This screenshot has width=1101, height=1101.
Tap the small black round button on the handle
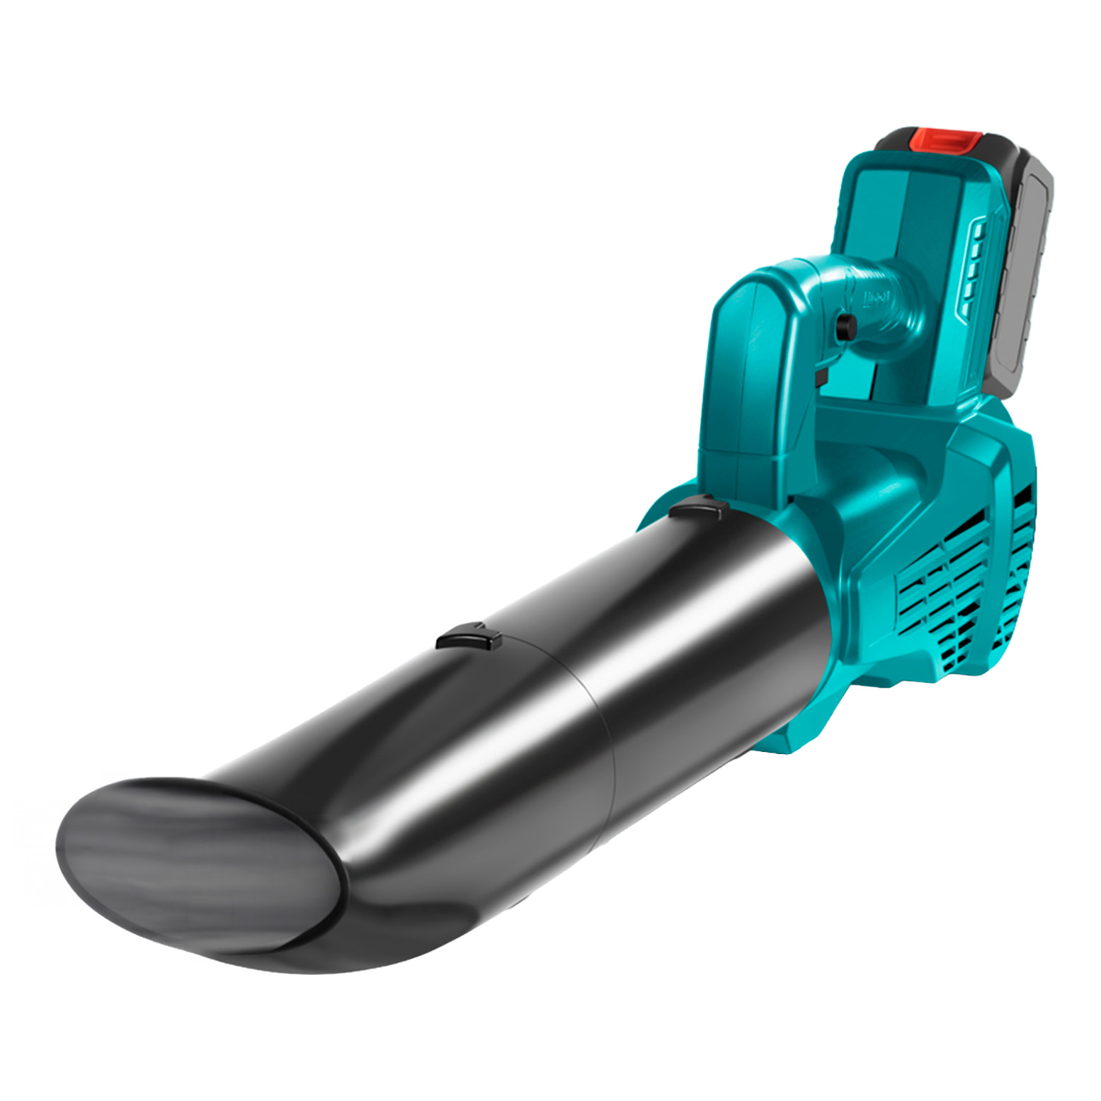point(845,326)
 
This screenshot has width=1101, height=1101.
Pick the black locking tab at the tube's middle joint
point(469,637)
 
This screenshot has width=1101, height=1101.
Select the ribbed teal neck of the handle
point(885,304)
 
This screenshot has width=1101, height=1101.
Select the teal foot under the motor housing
point(793,736)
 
